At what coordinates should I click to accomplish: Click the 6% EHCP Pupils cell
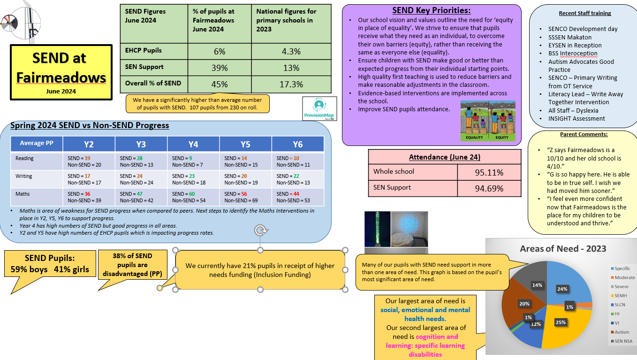point(219,52)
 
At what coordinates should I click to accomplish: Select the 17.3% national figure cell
point(291,84)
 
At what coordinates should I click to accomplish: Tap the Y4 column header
point(193,144)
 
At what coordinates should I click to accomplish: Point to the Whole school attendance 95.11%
point(489,172)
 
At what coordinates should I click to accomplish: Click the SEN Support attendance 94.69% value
point(489,188)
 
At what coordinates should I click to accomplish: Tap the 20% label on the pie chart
point(523,304)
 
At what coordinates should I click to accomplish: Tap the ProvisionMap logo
point(319,109)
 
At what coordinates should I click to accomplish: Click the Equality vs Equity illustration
point(488,121)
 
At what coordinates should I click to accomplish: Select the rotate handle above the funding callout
point(261,230)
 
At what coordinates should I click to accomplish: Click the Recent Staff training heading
point(585,13)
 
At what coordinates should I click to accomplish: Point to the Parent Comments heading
point(584,134)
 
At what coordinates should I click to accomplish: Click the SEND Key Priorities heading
point(431,10)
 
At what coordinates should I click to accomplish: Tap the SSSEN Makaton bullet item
point(569,37)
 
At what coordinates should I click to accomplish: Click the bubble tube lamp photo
point(377,229)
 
